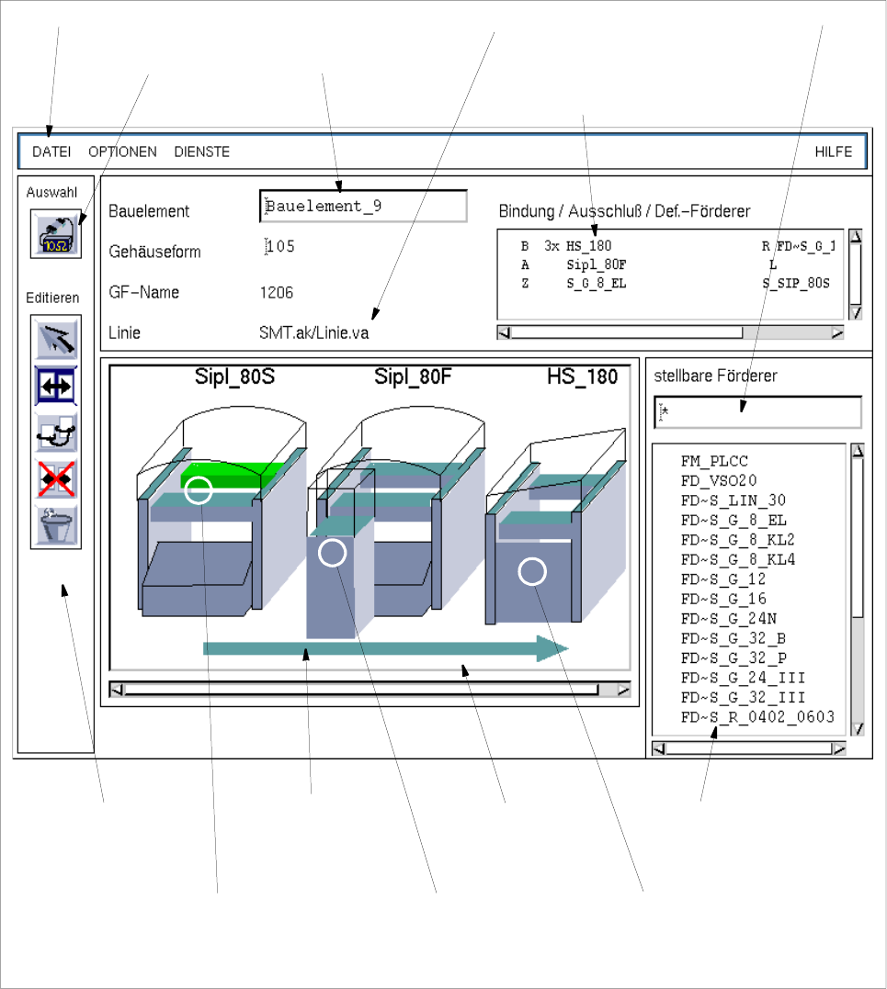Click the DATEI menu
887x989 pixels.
tap(51, 152)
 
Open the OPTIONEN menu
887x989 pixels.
tap(122, 152)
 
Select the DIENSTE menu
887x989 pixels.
tap(202, 152)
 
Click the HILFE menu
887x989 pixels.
tap(834, 152)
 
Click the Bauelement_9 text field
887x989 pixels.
tap(363, 207)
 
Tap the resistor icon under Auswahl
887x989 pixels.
tap(56, 234)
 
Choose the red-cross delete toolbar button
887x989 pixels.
tap(56, 479)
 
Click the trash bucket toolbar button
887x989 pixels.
tap(56, 524)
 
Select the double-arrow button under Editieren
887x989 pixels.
tap(56, 386)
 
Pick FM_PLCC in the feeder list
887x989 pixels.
tap(714, 461)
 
